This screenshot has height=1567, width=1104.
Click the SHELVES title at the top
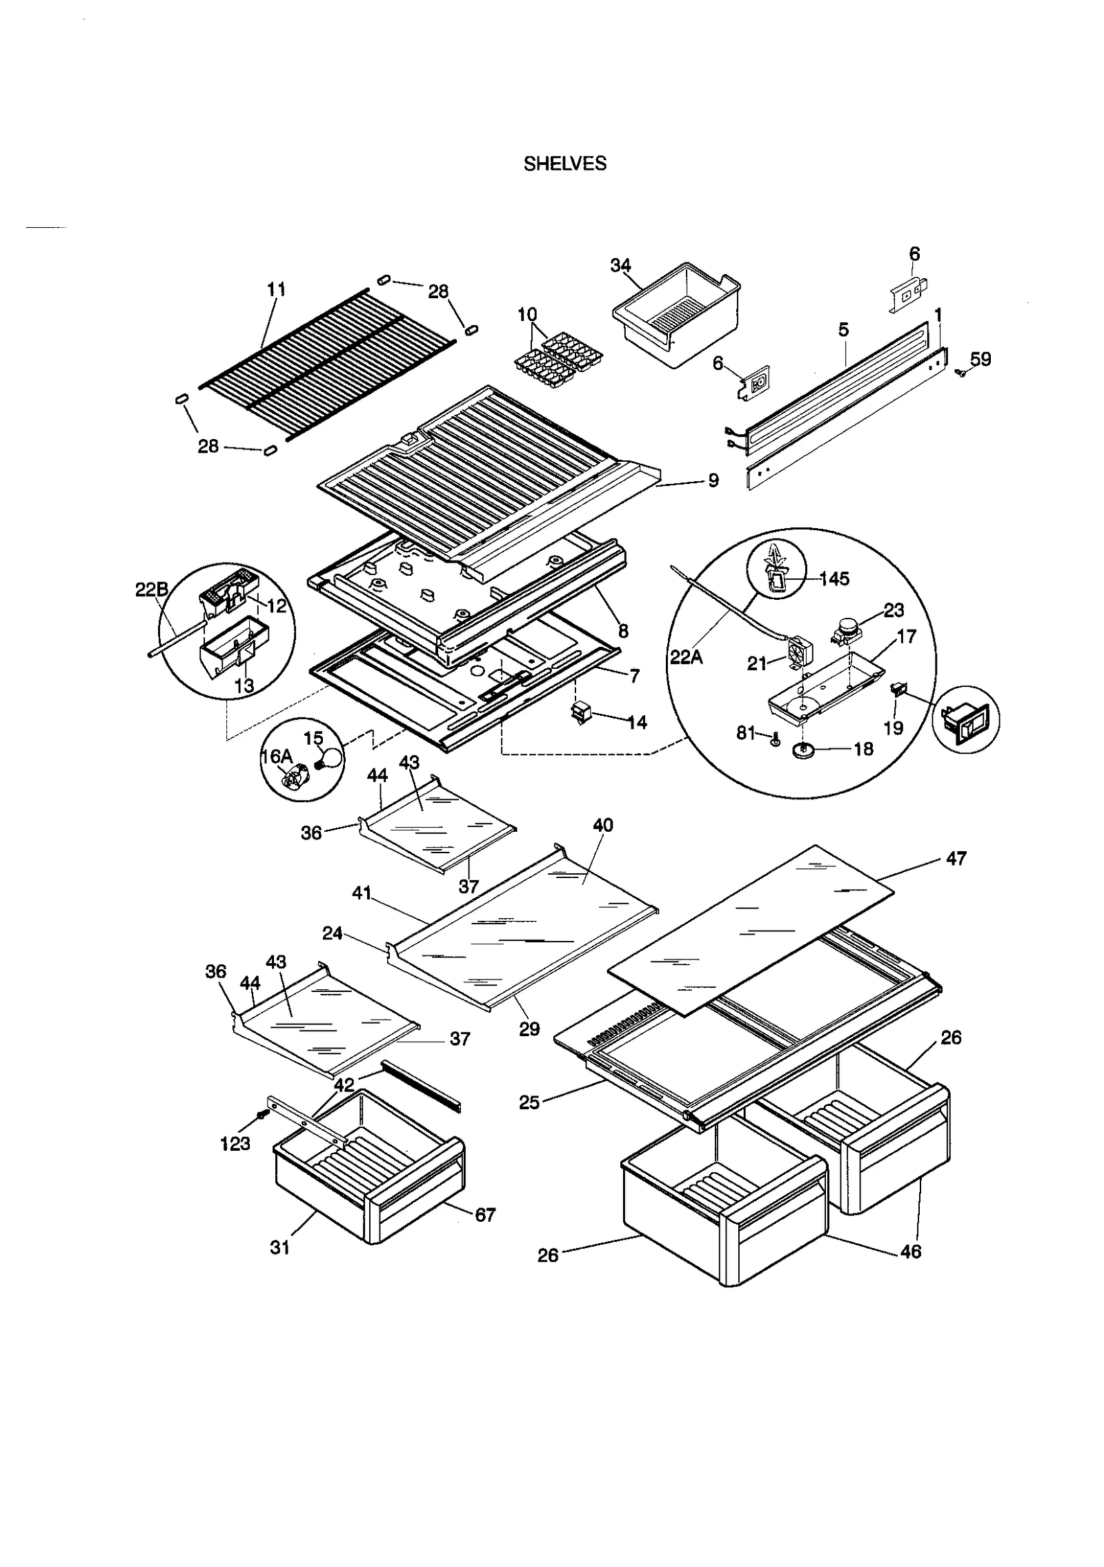564,164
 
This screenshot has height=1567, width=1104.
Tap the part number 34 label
620,266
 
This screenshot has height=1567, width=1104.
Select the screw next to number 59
960,372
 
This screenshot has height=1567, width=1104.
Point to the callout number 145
834,578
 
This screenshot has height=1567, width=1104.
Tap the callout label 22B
151,589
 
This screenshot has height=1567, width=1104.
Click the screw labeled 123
262,1115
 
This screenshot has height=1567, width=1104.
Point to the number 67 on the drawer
485,1214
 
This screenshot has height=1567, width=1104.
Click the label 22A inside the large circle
687,657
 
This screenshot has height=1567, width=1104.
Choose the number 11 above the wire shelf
276,289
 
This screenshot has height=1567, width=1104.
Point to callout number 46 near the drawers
911,1251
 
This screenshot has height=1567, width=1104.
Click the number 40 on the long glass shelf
602,825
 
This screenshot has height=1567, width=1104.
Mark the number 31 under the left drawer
279,1247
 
